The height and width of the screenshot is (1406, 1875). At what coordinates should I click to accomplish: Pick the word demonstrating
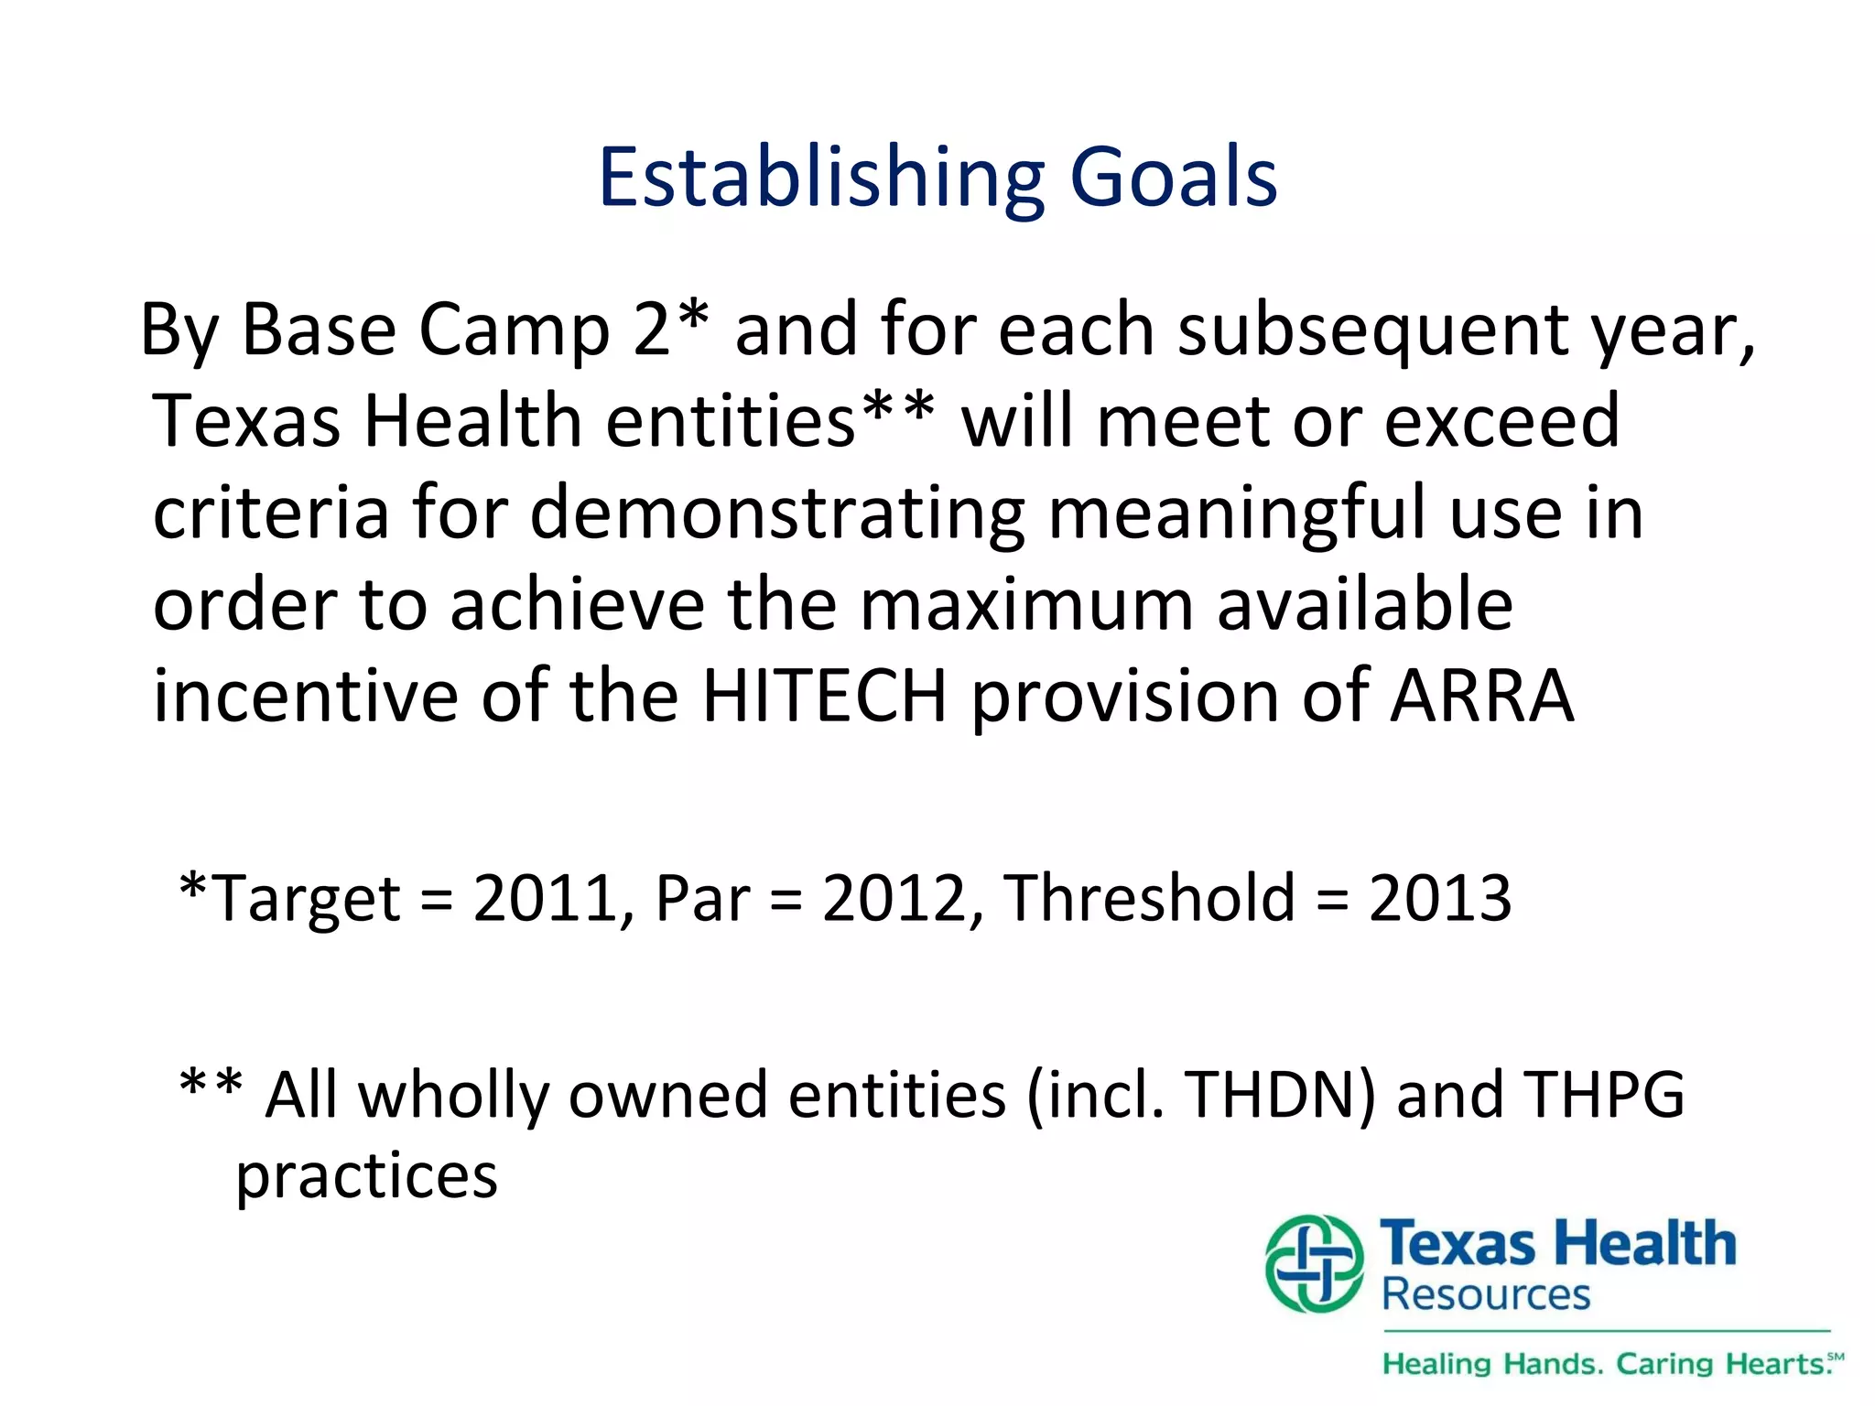(x=777, y=514)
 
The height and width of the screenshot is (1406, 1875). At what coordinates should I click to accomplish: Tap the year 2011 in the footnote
(x=546, y=898)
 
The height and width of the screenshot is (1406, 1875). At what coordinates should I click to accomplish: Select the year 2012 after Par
(x=894, y=898)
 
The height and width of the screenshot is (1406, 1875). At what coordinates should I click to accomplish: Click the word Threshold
(x=1149, y=898)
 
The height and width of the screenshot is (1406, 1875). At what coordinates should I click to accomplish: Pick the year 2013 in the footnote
(x=1439, y=898)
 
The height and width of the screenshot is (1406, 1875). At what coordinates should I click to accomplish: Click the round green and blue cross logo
(x=1314, y=1264)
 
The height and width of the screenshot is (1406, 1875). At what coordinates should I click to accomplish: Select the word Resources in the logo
(x=1485, y=1295)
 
